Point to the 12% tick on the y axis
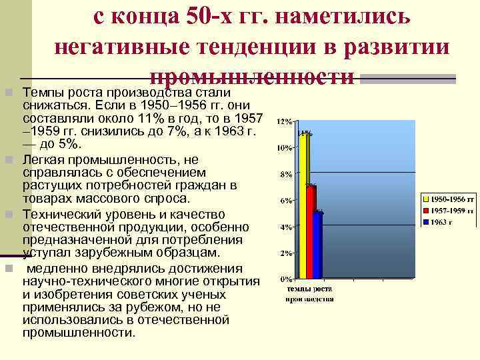pyautogui.click(x=284, y=122)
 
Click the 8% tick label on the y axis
pyautogui.click(x=285, y=175)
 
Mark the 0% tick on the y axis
pyautogui.click(x=285, y=279)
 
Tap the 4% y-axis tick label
pyautogui.click(x=285, y=227)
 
